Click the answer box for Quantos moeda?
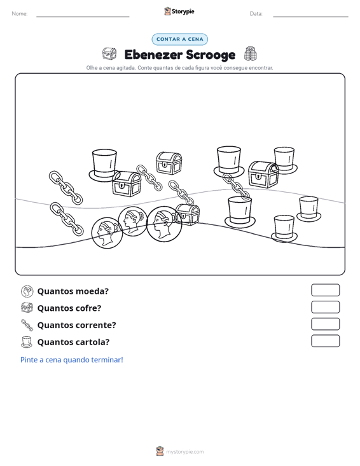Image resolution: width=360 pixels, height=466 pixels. [325, 290]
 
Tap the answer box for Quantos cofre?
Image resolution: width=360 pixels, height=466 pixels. [325, 307]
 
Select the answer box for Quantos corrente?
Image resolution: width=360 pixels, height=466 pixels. [325, 324]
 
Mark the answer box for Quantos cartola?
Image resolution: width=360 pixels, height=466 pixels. [325, 341]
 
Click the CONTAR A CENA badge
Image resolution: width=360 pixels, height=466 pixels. [179, 39]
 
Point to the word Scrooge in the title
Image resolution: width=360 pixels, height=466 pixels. [211, 55]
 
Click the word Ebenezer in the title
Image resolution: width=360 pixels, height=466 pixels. [153, 55]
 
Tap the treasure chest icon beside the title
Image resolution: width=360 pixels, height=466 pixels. [109, 54]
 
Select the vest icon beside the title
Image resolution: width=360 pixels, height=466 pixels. [251, 54]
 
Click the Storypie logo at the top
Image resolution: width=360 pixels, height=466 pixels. [179, 11]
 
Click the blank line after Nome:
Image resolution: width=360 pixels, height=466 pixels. [83, 17]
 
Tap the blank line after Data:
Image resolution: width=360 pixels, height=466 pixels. [310, 17]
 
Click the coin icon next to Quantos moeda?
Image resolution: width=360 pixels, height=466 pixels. [27, 291]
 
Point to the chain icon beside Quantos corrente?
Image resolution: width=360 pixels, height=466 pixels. [27, 325]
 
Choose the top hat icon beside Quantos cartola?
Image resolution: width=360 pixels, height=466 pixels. [27, 342]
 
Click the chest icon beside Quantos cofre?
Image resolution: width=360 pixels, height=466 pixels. [27, 308]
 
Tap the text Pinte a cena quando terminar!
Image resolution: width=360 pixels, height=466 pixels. [72, 360]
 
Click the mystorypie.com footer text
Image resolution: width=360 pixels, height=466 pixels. [185, 452]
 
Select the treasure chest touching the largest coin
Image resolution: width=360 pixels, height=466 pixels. [187, 215]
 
